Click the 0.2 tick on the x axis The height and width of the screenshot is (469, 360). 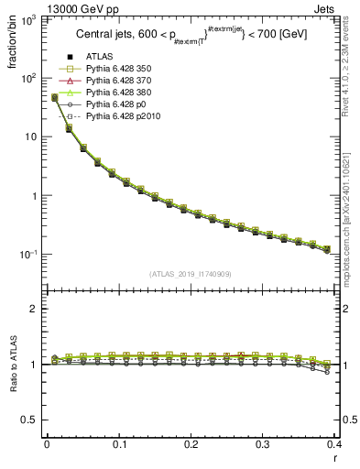pyautogui.click(x=191, y=444)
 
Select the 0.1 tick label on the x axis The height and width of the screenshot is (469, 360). pyautogui.click(x=119, y=444)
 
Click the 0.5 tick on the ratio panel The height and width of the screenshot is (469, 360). pyautogui.click(x=30, y=420)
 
